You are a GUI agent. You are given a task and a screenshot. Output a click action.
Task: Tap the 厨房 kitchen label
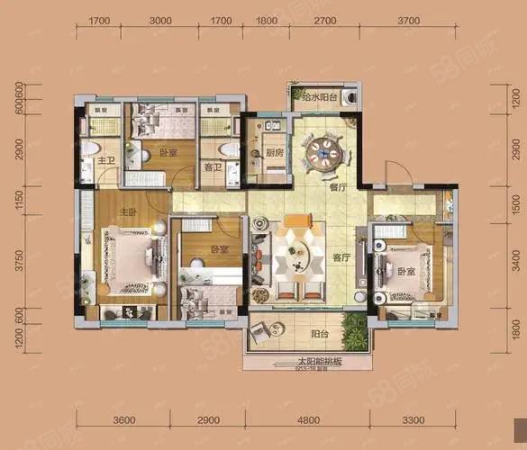(x=275, y=153)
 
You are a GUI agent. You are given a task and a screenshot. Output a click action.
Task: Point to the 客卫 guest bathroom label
(x=213, y=166)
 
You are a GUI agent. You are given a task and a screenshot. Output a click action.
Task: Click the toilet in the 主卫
(x=90, y=149)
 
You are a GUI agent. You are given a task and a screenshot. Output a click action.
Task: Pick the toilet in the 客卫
(x=228, y=148)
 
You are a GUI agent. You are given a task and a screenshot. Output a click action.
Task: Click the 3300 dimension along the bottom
(x=412, y=419)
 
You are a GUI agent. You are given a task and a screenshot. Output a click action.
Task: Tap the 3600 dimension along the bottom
(x=124, y=419)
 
